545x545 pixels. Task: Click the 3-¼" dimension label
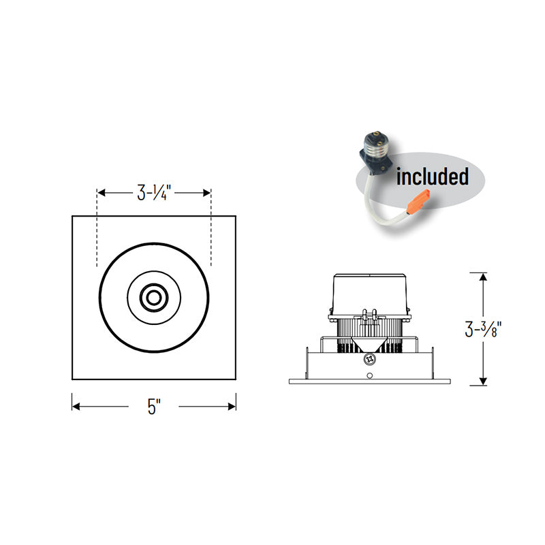(154, 193)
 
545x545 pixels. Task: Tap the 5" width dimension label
(154, 406)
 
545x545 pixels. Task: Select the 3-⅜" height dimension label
(483, 329)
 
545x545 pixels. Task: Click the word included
(433, 176)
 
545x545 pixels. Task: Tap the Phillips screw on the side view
(370, 359)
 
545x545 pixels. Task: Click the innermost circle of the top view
(154, 298)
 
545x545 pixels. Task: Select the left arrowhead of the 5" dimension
(76, 406)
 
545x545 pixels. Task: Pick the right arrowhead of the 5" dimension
(232, 406)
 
